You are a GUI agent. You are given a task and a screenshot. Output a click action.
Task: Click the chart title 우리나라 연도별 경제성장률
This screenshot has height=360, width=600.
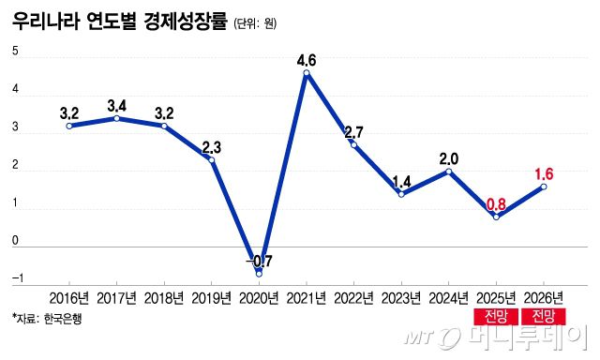coord(119,22)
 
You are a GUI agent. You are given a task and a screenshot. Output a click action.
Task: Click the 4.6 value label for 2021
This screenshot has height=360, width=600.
coord(306,62)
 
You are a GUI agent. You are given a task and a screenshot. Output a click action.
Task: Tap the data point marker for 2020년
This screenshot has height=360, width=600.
coord(259,274)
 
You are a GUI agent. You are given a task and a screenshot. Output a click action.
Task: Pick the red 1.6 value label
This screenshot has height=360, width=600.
coord(545,173)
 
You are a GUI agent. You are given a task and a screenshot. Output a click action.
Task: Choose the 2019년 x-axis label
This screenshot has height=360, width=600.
coord(211,298)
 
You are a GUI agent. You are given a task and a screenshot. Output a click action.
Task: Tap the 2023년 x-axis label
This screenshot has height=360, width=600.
coord(401,298)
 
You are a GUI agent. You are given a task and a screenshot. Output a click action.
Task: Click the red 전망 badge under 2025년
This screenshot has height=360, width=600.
coord(496,316)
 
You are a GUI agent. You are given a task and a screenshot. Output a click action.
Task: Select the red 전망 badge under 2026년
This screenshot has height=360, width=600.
coord(544,316)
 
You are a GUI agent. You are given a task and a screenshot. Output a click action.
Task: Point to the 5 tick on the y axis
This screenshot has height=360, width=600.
coord(15,52)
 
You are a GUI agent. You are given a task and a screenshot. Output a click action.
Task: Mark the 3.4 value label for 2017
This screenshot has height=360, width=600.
coord(116,104)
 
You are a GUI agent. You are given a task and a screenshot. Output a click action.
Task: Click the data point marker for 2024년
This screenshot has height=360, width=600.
coord(449,172)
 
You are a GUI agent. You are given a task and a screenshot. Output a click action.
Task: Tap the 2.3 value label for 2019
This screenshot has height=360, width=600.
coord(211,146)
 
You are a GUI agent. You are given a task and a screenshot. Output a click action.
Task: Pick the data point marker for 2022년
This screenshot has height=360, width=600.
coord(353,144)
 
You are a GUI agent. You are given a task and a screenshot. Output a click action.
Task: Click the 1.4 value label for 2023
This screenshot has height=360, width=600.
coord(401,180)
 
